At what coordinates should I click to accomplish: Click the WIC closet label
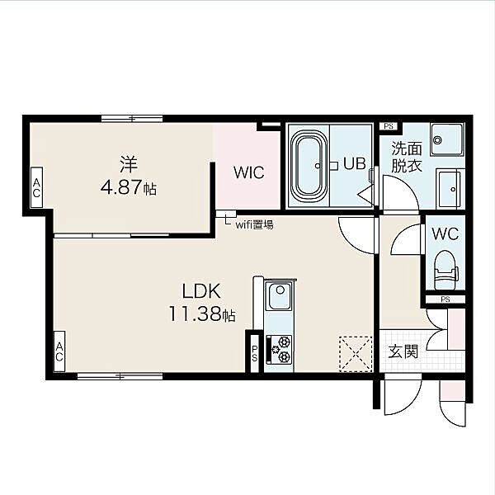[x=249, y=172]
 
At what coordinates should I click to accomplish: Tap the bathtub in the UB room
[x=309, y=166]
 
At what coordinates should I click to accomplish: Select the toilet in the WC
[x=445, y=270]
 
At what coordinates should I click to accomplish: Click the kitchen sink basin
[x=278, y=296]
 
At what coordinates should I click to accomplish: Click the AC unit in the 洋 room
[x=36, y=187]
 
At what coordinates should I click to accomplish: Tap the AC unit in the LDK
[x=59, y=351]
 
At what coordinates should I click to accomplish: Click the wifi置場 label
[x=254, y=224]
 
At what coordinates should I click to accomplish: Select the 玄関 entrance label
[x=403, y=351]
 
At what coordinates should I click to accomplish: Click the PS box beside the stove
[x=254, y=353]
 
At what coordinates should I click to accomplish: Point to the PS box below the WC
[x=445, y=299]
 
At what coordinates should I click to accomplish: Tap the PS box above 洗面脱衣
[x=389, y=126]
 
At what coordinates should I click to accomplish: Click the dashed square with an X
[x=356, y=353]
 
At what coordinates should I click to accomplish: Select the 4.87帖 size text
[x=129, y=188]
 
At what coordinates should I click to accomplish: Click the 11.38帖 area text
[x=202, y=314]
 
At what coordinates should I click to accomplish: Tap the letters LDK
[x=201, y=291]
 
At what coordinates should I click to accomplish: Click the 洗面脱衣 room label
[x=407, y=157]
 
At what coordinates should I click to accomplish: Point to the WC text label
[x=445, y=234]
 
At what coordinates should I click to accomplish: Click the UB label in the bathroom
[x=355, y=164]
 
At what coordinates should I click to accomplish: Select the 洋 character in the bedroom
[x=129, y=165]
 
